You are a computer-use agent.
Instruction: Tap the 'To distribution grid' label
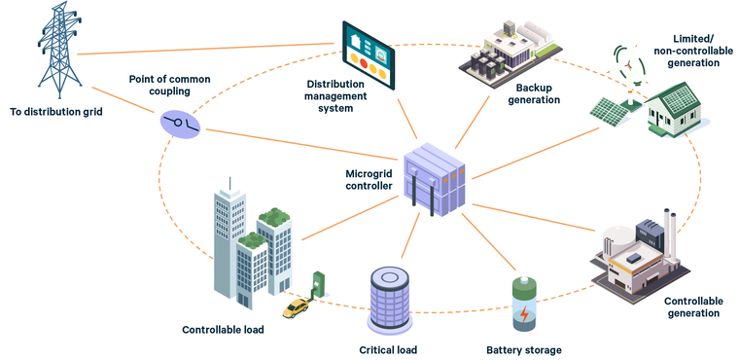pos(54,113)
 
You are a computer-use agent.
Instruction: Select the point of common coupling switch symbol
pos(181,123)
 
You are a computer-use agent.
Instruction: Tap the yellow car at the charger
pos(295,308)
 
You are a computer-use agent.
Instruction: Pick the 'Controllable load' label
pos(223,330)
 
